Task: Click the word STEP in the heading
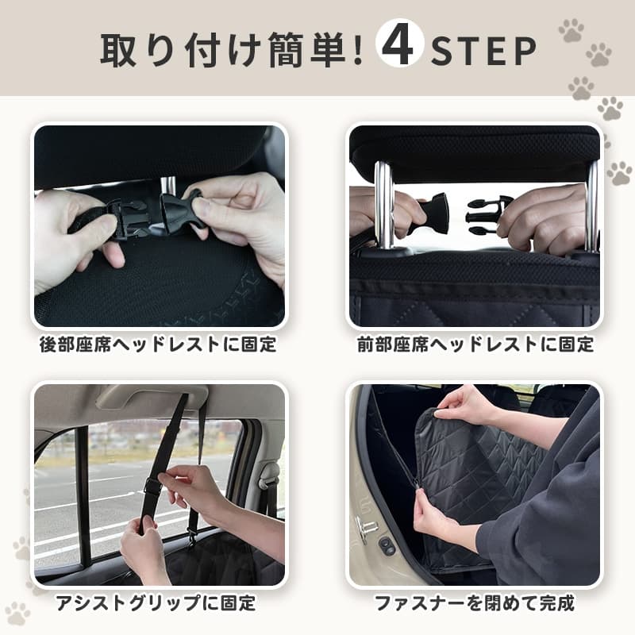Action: pos(483,51)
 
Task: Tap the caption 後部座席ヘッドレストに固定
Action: pos(158,344)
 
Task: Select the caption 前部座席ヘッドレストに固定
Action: pos(475,344)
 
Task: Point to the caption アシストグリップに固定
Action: pos(156,602)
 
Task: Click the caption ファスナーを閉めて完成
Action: pos(475,602)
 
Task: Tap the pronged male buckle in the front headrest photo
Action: pos(485,214)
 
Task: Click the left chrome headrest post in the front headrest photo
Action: pos(383,206)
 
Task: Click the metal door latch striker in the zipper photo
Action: pos(367,528)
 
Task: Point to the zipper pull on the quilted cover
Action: pos(415,483)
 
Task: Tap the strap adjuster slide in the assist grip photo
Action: pos(152,485)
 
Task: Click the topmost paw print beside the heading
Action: pos(571,30)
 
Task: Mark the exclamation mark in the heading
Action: pos(357,50)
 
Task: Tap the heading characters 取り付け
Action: pos(181,50)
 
